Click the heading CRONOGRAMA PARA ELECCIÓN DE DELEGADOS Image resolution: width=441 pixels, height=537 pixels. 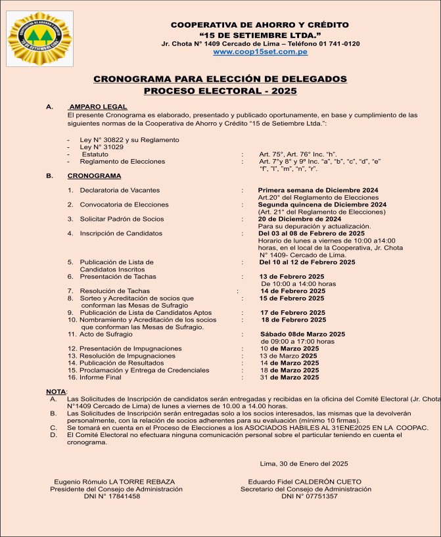220,79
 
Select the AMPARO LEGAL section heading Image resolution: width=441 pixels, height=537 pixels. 98,106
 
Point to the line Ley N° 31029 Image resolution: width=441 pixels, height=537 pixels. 103,147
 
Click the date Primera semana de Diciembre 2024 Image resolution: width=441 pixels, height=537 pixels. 318,190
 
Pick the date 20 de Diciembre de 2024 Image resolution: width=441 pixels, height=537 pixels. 300,219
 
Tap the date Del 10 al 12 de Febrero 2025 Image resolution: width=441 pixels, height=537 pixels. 307,262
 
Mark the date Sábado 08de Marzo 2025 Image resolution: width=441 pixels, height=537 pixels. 302,334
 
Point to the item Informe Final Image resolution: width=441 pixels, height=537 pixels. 101,377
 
